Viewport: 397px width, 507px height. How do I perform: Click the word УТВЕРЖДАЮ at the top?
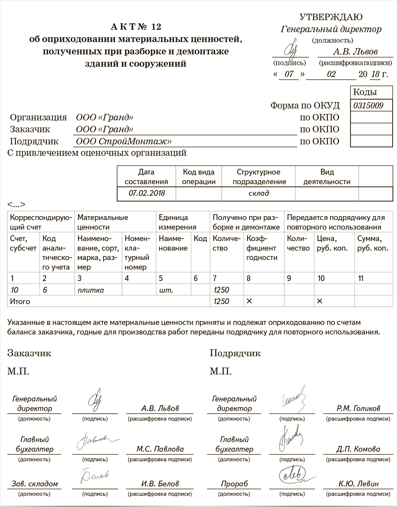(330, 17)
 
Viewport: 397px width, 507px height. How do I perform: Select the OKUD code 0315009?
(368, 105)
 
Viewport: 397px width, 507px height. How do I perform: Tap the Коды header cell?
(365, 92)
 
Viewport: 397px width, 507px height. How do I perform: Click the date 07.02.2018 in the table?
(146, 193)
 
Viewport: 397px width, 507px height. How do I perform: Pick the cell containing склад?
(259, 193)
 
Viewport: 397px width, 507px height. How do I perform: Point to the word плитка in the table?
(91, 290)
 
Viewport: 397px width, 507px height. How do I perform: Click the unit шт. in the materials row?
(166, 290)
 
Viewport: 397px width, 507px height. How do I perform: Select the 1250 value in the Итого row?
(221, 301)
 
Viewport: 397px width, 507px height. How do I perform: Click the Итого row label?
(20, 301)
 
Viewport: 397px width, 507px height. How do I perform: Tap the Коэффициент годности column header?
(262, 248)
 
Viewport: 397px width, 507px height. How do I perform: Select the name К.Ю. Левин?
(358, 484)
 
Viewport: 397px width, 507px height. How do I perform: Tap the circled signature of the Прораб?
(293, 475)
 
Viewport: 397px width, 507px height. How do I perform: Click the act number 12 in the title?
(156, 27)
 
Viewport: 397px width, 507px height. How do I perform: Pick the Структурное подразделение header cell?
(259, 177)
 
